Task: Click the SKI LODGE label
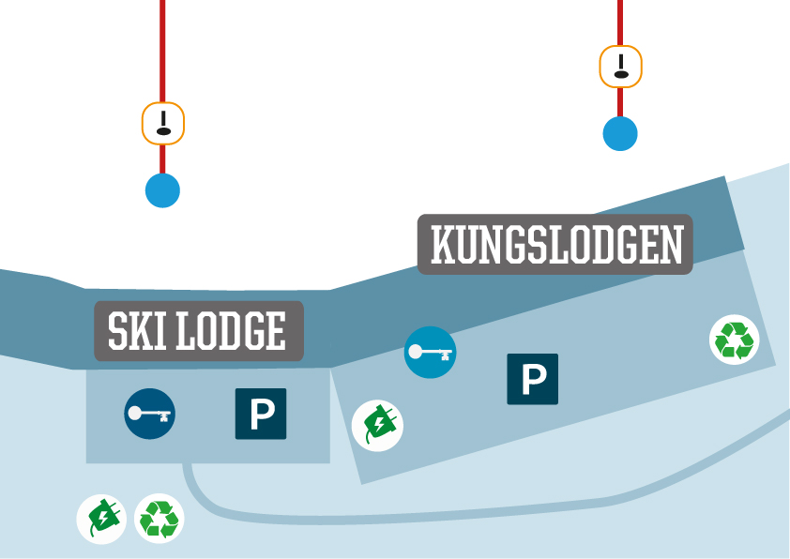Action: coord(199,331)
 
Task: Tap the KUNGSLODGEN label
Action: coord(555,245)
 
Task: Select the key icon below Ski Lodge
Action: coord(150,413)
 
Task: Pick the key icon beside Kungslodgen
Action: coord(431,353)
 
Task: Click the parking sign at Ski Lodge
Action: coord(261,414)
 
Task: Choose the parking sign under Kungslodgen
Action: coord(533,379)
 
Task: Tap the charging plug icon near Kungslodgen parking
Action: coord(377,426)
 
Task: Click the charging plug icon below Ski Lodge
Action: coord(101,519)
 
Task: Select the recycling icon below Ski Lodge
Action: coord(160,519)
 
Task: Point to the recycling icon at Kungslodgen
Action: coord(734,340)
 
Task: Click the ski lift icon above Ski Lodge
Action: coord(163,123)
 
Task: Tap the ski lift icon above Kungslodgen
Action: coord(620,67)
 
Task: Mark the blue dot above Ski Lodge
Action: coord(162,190)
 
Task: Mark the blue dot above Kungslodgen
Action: coord(620,133)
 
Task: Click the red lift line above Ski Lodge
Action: coord(162,47)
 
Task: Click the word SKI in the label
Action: coord(134,331)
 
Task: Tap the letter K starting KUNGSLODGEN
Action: coord(441,245)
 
